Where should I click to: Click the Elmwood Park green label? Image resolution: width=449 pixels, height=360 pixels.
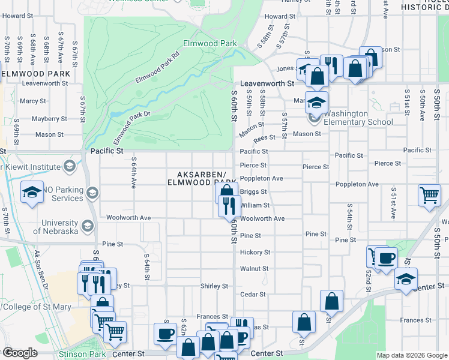[210, 43]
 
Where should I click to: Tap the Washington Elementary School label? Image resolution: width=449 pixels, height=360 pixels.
[358, 118]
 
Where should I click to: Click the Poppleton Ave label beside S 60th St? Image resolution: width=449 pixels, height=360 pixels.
[261, 178]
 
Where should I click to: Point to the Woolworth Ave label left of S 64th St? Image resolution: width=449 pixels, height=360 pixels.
[128, 217]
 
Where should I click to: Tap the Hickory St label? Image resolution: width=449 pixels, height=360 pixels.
[255, 253]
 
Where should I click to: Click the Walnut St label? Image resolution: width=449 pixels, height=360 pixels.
[254, 269]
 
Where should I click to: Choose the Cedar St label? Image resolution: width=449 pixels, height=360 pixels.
[253, 295]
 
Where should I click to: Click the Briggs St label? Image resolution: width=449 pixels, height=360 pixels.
[253, 191]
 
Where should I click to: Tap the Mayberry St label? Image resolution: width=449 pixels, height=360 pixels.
[45, 119]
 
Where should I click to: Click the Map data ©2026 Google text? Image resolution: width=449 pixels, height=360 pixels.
[411, 355]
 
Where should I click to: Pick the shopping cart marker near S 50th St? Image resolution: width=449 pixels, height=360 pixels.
[430, 195]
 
